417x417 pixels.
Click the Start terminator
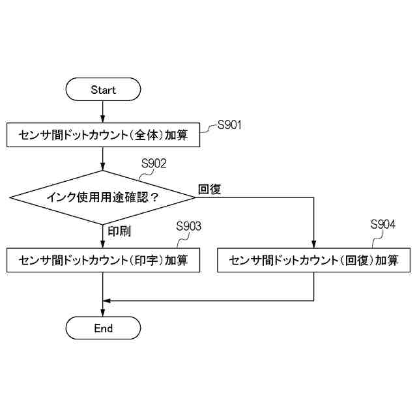click(104, 89)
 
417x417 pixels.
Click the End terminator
click(104, 328)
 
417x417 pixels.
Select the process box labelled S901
click(104, 136)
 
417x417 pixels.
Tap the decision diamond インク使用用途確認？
click(103, 197)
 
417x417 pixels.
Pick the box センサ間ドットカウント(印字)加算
click(104, 261)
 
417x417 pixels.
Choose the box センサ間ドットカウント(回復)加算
click(314, 261)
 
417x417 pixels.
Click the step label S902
click(154, 163)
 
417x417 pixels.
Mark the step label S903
click(189, 226)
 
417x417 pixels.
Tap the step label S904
click(383, 225)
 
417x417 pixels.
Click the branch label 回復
click(210, 189)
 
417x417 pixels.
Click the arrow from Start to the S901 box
click(104, 112)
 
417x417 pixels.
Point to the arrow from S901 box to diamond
click(104, 158)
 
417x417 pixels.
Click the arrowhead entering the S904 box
click(314, 245)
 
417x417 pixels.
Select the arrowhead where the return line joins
click(108, 300)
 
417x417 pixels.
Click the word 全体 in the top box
click(142, 136)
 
